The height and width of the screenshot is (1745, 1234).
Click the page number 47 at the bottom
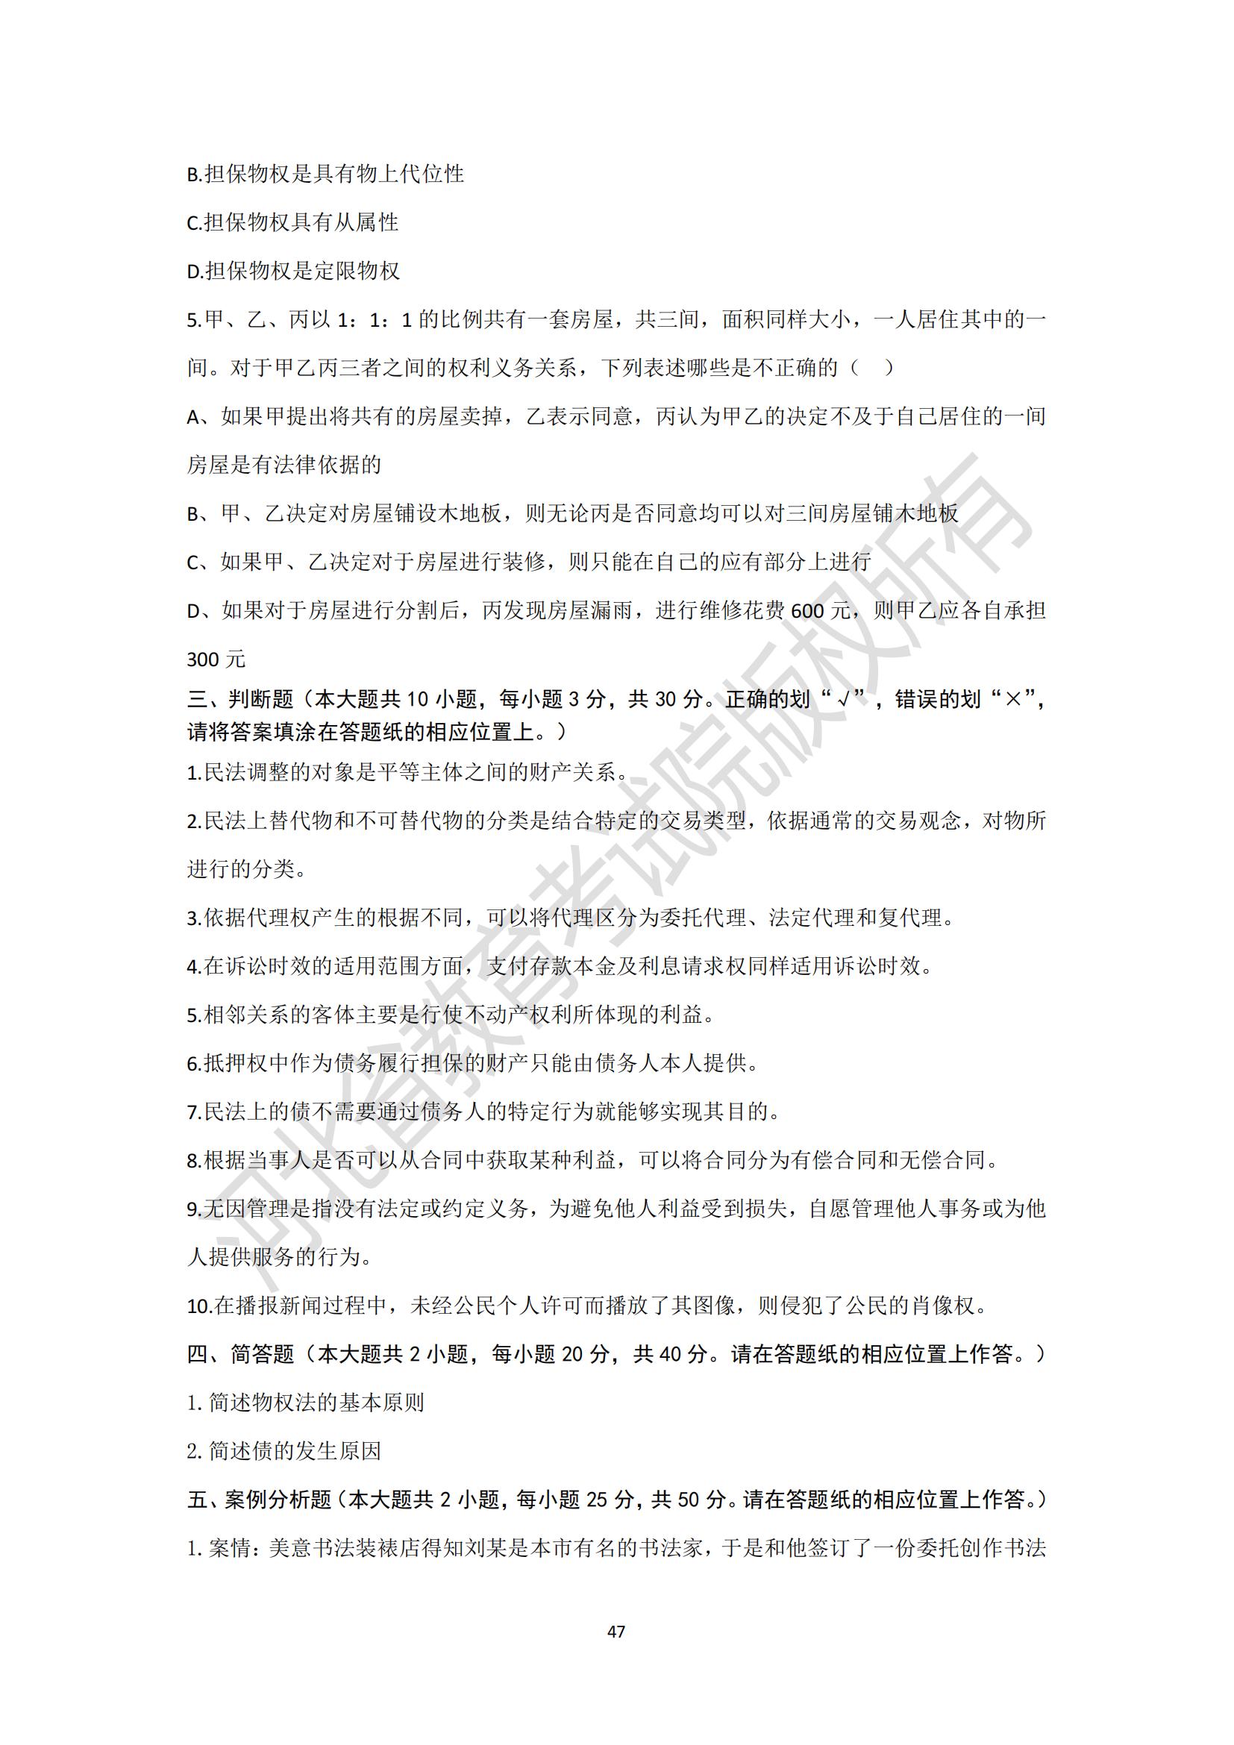click(x=616, y=1631)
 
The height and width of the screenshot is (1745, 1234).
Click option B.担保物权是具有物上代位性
click(x=325, y=174)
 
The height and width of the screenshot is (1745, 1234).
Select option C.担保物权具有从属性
click(x=292, y=222)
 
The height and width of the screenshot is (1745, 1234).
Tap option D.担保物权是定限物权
click(x=293, y=272)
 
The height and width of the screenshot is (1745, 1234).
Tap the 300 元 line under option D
click(x=216, y=660)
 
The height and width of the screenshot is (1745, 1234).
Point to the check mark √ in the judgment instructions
click(x=841, y=699)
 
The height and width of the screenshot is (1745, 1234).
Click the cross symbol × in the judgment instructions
click(x=1012, y=699)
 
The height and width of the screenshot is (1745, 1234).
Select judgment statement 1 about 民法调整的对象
click(x=407, y=773)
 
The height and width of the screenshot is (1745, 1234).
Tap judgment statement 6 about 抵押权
click(x=472, y=1064)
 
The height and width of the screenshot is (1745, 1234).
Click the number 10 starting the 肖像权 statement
click(x=199, y=1307)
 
